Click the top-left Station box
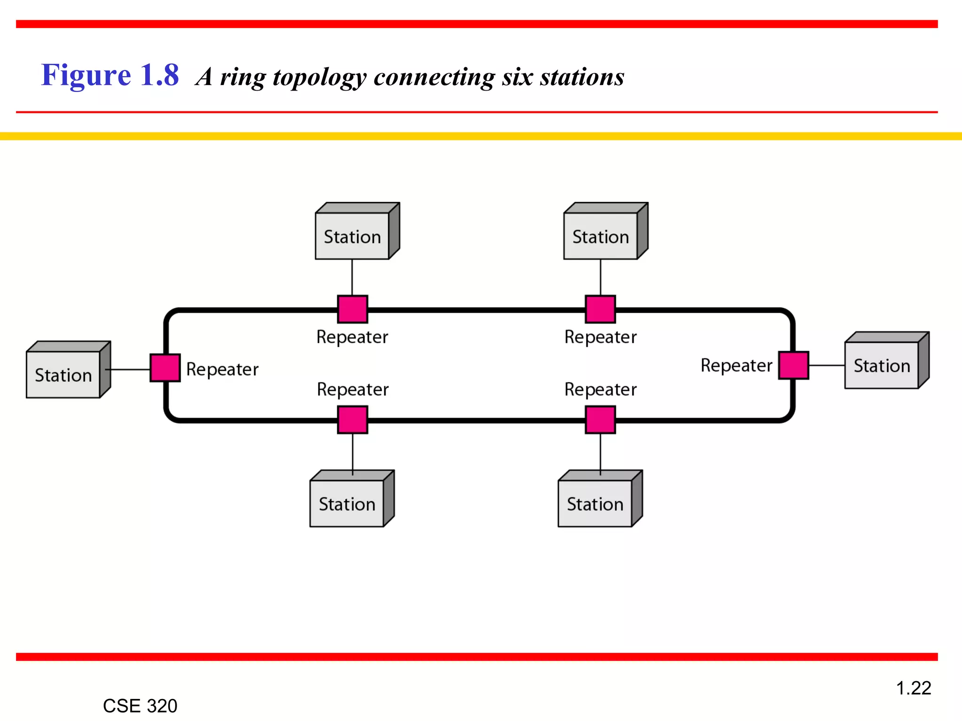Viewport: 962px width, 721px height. [x=352, y=236]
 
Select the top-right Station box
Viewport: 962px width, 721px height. [x=601, y=236]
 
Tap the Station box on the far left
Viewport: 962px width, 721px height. [x=63, y=374]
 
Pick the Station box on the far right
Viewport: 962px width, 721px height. [x=882, y=365]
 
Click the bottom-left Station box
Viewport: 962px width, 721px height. [x=347, y=503]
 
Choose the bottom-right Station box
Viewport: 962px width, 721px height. [x=595, y=503]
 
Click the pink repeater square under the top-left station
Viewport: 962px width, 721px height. [x=352, y=309]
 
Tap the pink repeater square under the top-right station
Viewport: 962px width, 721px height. [x=600, y=309]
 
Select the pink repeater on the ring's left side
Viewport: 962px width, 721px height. [x=165, y=368]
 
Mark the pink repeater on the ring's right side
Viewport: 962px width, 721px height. [x=793, y=365]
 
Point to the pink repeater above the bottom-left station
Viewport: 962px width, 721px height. [x=352, y=420]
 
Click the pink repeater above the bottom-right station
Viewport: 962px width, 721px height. [x=600, y=420]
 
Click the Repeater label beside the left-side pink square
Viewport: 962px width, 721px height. [x=222, y=369]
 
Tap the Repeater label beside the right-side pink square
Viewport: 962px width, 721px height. [x=736, y=365]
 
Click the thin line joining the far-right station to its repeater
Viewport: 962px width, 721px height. [x=827, y=365]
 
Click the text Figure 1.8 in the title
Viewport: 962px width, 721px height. [x=110, y=75]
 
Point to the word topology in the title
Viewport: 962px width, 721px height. [x=319, y=77]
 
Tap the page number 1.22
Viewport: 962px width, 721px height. [x=913, y=688]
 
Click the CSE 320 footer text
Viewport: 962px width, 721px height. [x=140, y=706]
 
